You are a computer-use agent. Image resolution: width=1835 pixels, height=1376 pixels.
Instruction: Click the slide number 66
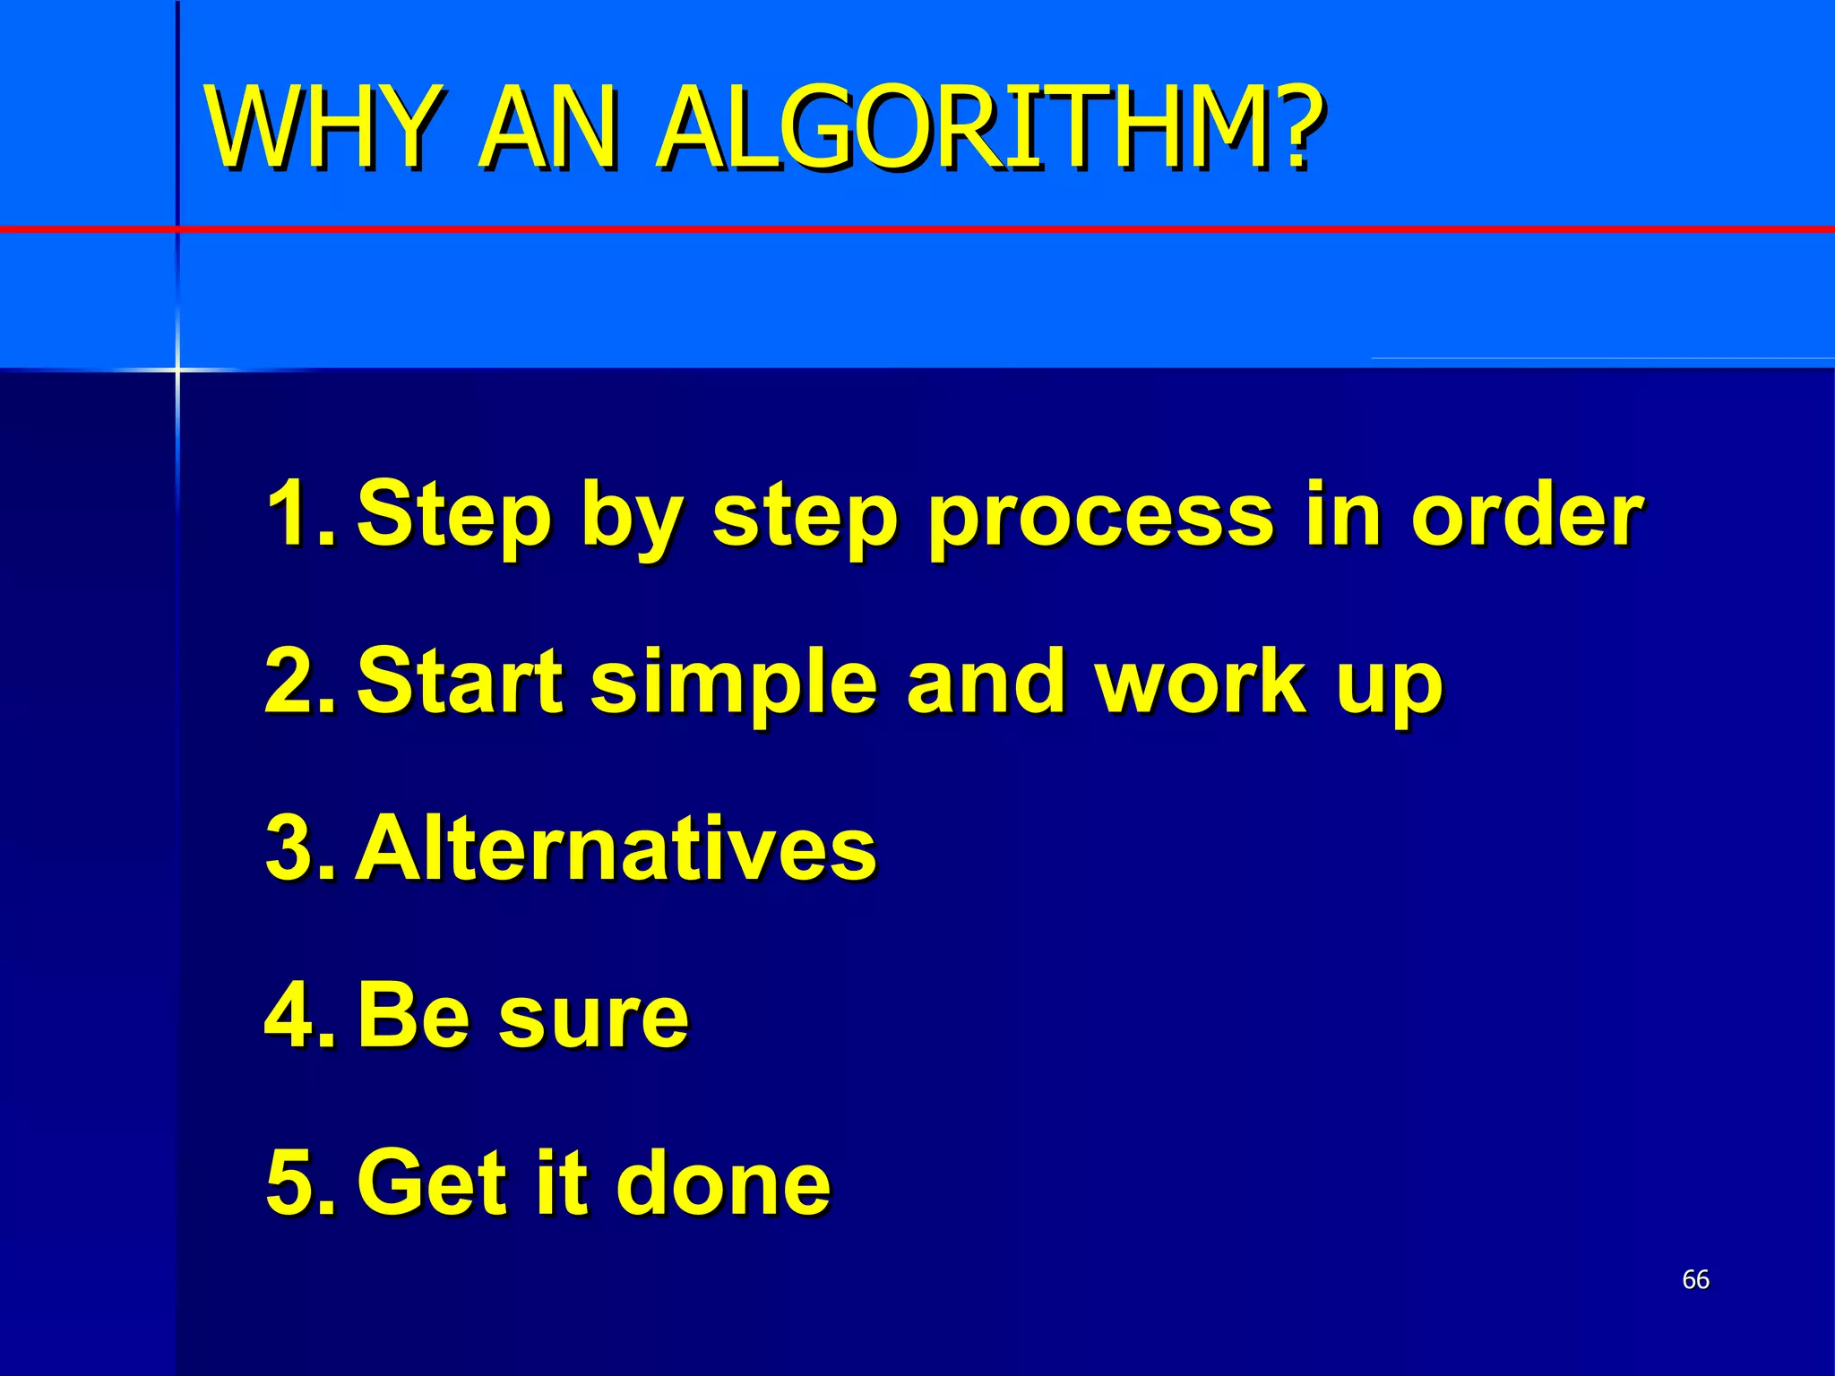(x=1695, y=1279)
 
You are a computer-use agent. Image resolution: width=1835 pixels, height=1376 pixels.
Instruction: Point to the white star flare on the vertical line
(x=177, y=368)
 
